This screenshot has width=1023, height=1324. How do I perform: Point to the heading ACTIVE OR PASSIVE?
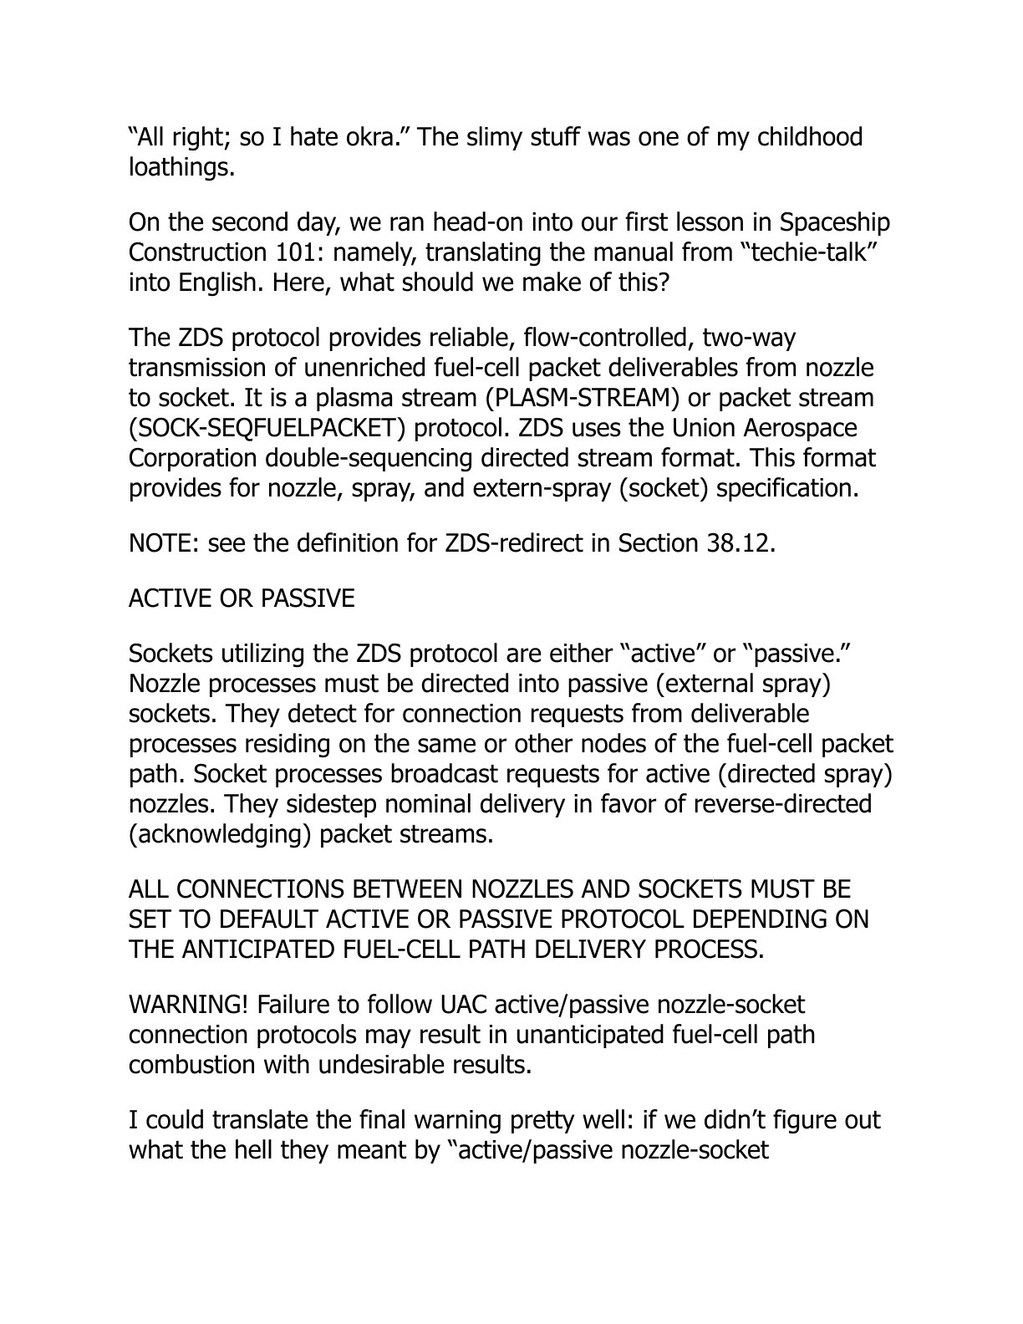click(242, 598)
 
